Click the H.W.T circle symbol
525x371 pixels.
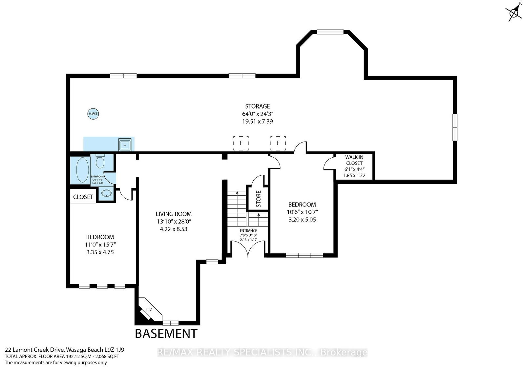click(93, 114)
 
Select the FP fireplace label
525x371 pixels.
click(149, 310)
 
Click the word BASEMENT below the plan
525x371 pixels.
click(166, 334)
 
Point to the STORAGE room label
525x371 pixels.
click(257, 106)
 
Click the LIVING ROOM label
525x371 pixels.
click(174, 214)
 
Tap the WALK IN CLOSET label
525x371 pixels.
click(354, 160)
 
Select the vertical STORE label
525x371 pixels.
click(259, 199)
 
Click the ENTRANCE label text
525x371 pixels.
click(248, 230)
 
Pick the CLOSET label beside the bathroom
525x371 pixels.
click(83, 197)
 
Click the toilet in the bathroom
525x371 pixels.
click(100, 161)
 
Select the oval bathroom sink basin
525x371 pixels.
click(107, 193)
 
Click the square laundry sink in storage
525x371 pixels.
click(125, 145)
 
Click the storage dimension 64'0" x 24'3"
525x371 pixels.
click(258, 114)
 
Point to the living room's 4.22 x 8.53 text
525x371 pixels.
click(174, 229)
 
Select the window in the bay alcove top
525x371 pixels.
click(330, 32)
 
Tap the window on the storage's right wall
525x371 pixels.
click(455, 127)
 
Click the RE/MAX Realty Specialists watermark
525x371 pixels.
click(262, 352)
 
